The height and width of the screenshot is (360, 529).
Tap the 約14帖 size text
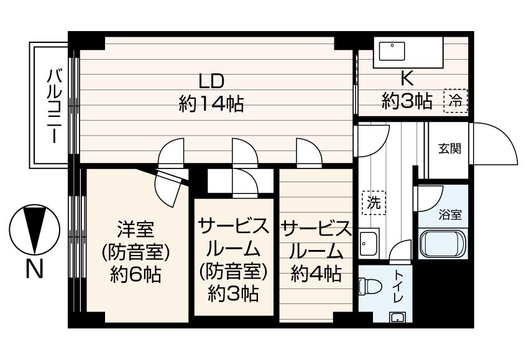click(211, 103)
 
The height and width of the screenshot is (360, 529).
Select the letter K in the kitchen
click(407, 78)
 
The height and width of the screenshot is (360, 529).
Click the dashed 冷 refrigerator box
click(456, 100)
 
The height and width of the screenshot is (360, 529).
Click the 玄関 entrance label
click(450, 149)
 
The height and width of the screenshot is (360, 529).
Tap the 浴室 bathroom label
click(450, 215)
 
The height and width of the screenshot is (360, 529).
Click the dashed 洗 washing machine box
click(373, 202)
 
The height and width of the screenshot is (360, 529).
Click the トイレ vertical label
click(398, 287)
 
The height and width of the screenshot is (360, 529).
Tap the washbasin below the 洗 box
click(369, 242)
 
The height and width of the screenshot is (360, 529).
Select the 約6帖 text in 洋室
click(137, 274)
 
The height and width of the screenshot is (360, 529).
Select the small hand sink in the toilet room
click(396, 318)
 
